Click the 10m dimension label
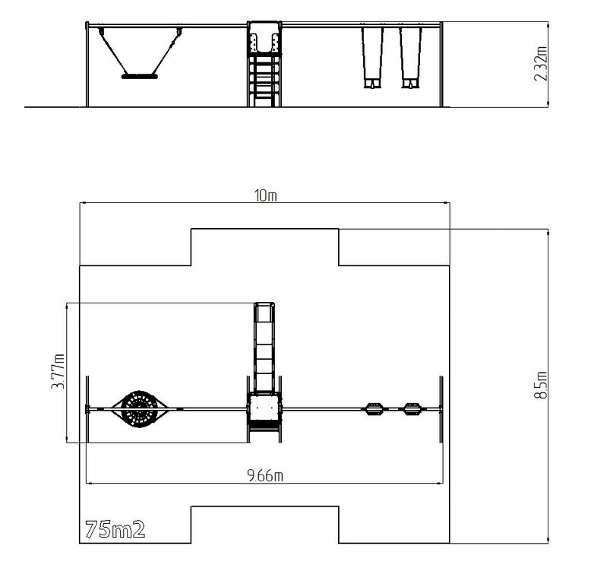(x=265, y=195)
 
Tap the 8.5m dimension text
(x=541, y=385)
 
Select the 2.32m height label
(x=541, y=64)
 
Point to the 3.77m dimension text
(x=58, y=372)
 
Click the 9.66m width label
(x=265, y=475)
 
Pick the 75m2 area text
(x=115, y=529)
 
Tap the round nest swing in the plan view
(x=140, y=409)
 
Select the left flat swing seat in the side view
(x=372, y=84)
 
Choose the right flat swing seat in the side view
(x=409, y=84)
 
